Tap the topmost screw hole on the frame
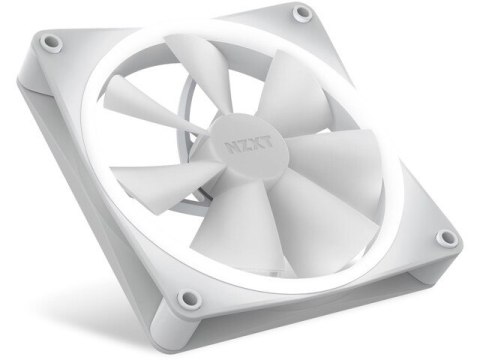pyautogui.click(x=302, y=14)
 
